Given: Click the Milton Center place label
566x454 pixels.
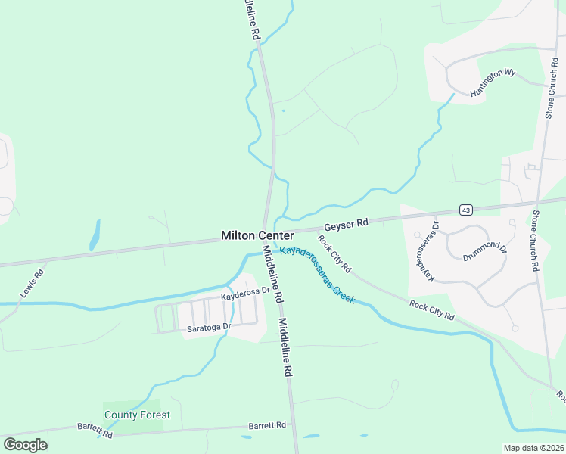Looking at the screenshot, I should pos(257,236).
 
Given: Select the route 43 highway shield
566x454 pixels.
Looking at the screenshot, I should pos(465,209).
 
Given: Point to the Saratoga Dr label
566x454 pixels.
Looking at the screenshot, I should pos(208,328).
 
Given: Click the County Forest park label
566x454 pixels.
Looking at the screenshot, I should pos(137,415).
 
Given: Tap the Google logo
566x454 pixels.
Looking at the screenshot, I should pos(25,445).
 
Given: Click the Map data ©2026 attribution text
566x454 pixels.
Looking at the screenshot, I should pos(533,448).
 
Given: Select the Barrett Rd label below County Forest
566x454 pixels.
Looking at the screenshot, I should pos(95,431).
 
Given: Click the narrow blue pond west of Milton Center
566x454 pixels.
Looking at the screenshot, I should pos(95,235).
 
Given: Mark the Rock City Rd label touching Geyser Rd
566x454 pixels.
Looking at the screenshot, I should pos(334,254).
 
